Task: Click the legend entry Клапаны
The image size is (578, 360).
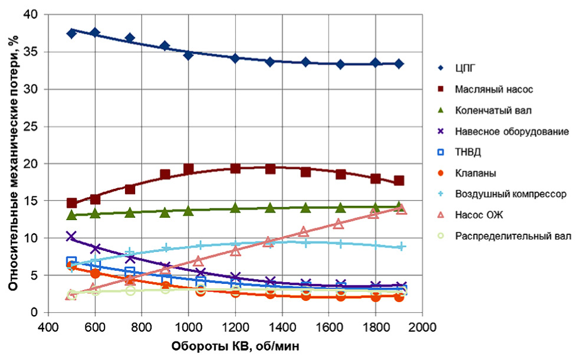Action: (475, 173)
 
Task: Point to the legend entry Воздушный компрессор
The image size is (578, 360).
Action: (511, 194)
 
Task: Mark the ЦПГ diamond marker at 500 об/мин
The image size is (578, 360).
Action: (72, 33)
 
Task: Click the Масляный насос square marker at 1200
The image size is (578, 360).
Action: (235, 168)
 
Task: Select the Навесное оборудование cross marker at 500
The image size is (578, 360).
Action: (72, 237)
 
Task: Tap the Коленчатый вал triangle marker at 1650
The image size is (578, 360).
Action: (340, 208)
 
